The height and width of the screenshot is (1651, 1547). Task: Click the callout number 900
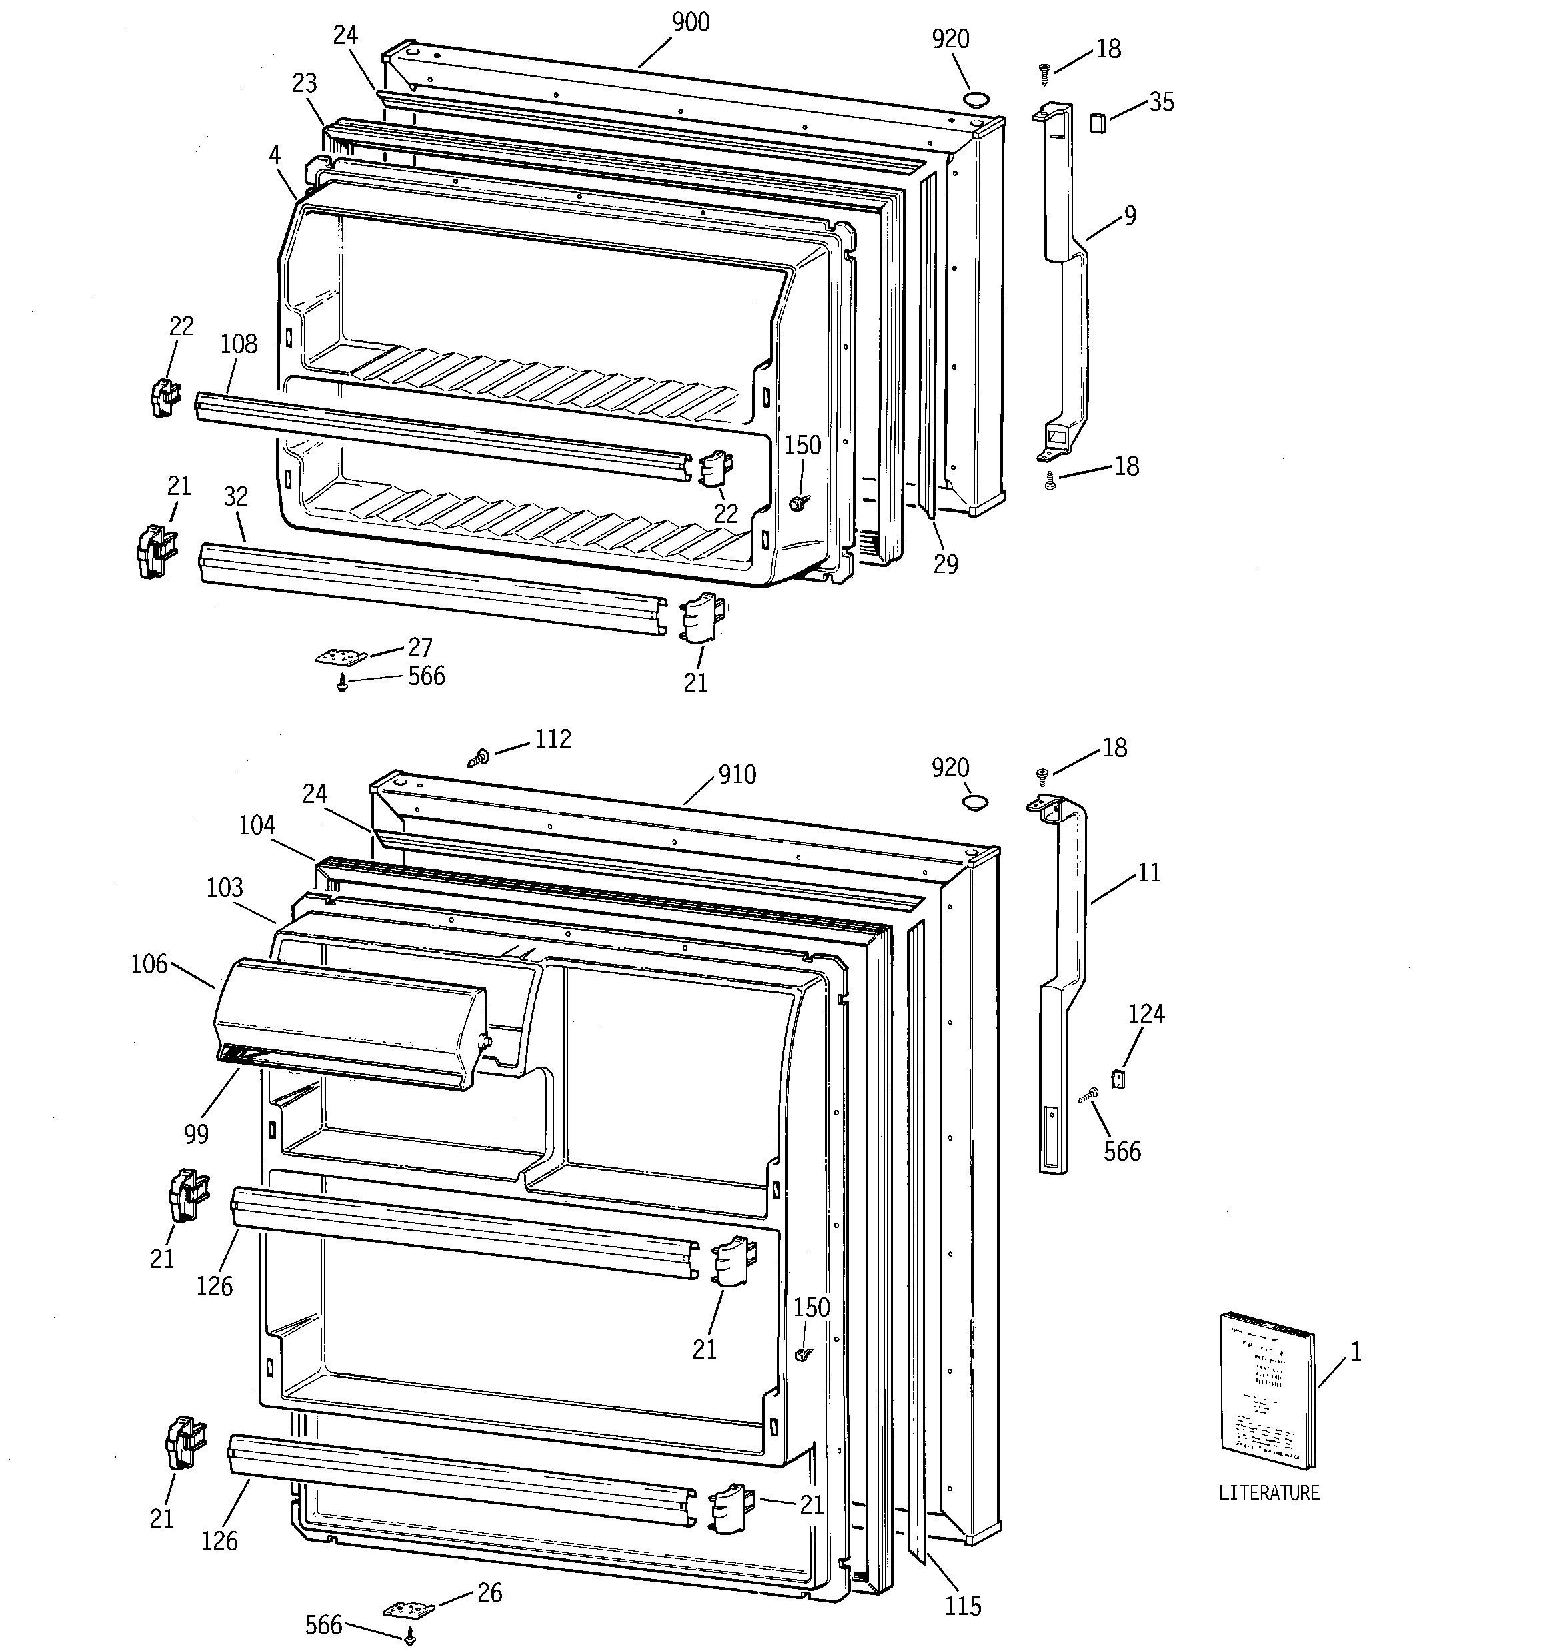pyautogui.click(x=690, y=23)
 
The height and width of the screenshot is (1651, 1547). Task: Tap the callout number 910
pyautogui.click(x=737, y=775)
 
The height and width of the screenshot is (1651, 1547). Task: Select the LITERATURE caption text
pyautogui.click(x=1268, y=1492)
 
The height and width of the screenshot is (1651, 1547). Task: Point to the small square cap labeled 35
pyautogui.click(x=1098, y=124)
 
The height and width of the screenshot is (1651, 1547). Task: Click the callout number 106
pyautogui.click(x=149, y=964)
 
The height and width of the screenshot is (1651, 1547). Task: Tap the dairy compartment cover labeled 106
pyautogui.click(x=349, y=1023)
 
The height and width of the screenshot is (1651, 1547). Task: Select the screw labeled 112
pyautogui.click(x=480, y=756)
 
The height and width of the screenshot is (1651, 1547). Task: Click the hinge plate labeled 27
pyautogui.click(x=341, y=656)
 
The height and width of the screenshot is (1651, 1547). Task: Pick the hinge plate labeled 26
pyautogui.click(x=409, y=1608)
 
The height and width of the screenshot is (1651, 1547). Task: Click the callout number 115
pyautogui.click(x=962, y=1606)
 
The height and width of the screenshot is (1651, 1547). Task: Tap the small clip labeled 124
pyautogui.click(x=1118, y=1079)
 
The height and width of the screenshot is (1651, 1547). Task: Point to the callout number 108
pyautogui.click(x=239, y=344)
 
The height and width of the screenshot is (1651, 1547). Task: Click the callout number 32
pyautogui.click(x=236, y=496)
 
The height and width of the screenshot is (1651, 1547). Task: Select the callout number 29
pyautogui.click(x=945, y=564)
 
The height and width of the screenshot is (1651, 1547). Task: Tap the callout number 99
pyautogui.click(x=197, y=1133)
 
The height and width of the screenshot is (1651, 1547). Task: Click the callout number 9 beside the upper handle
pyautogui.click(x=1130, y=216)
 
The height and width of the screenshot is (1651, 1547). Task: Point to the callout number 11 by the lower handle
pyautogui.click(x=1148, y=873)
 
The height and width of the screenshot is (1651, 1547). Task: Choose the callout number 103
pyautogui.click(x=224, y=887)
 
